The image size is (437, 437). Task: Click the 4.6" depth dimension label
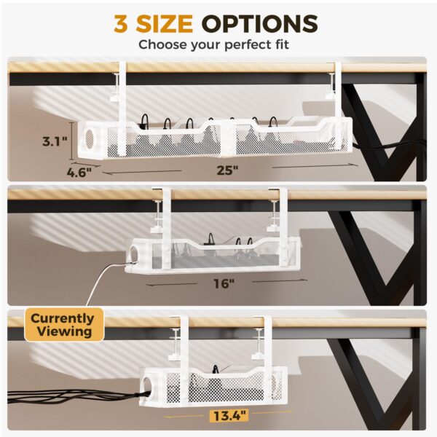click(79, 173)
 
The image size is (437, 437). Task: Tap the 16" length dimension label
click(226, 283)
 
